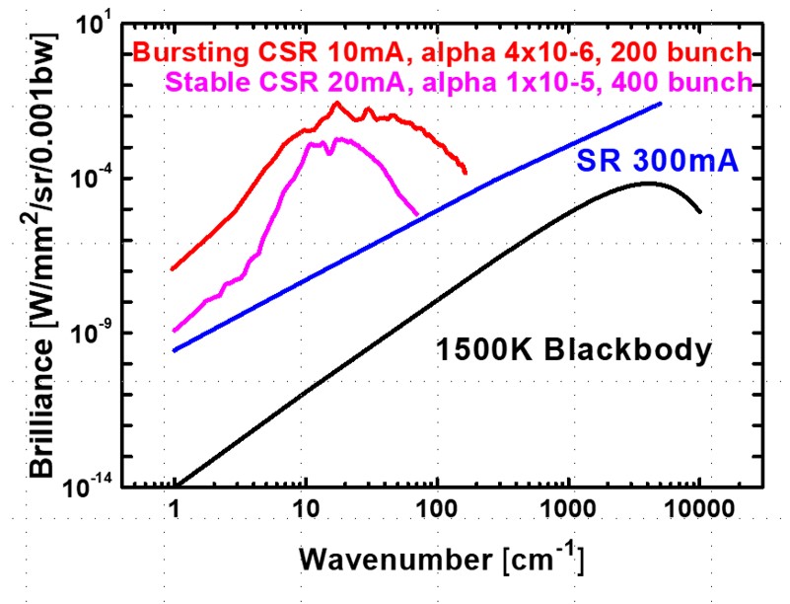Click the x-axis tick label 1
click(175, 513)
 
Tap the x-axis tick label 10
click(306, 513)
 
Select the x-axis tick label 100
click(437, 513)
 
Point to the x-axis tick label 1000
click(568, 513)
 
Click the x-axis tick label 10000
click(699, 513)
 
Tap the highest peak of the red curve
click(336, 103)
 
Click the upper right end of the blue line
click(661, 103)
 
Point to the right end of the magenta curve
click(417, 214)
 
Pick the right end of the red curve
click(466, 174)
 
